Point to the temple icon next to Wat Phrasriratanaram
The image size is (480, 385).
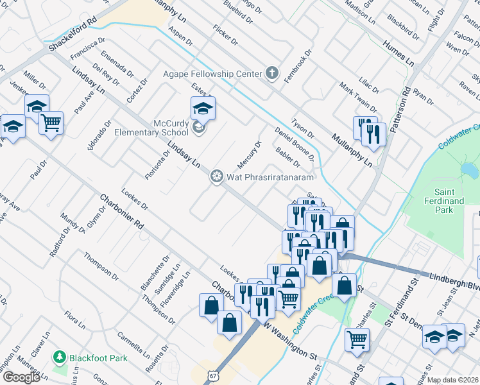tap(216, 175)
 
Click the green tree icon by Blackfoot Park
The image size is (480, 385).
tap(60, 356)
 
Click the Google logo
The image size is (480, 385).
tap(21, 377)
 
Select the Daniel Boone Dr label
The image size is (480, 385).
tap(294, 143)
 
